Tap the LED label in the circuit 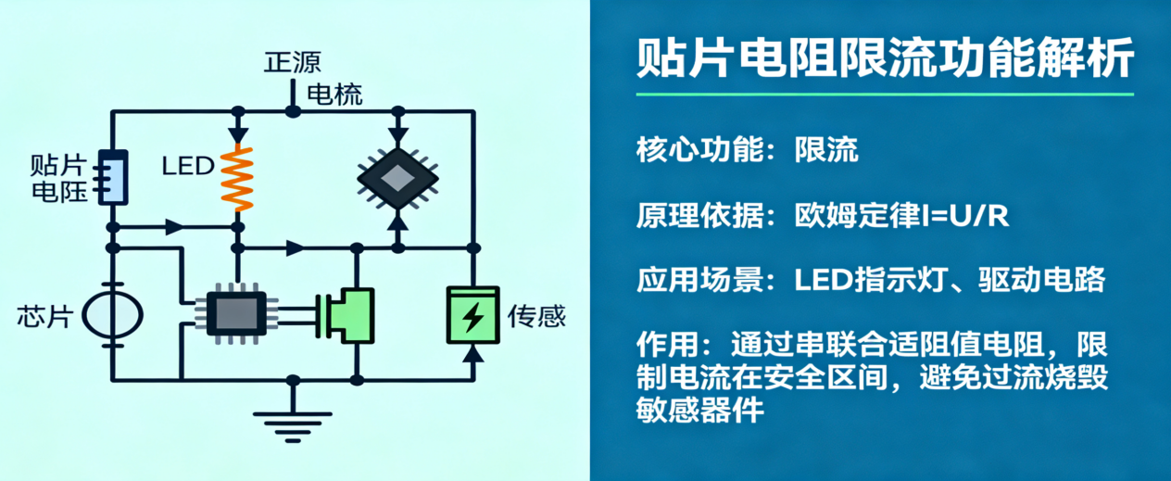(x=188, y=167)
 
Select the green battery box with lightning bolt (x=472, y=316)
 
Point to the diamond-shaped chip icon (x=397, y=176)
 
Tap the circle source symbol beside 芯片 (x=113, y=316)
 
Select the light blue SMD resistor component (x=113, y=177)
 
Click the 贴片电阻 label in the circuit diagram (x=58, y=179)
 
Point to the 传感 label (x=536, y=318)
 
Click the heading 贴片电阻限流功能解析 (x=885, y=59)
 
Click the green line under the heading (x=885, y=95)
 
